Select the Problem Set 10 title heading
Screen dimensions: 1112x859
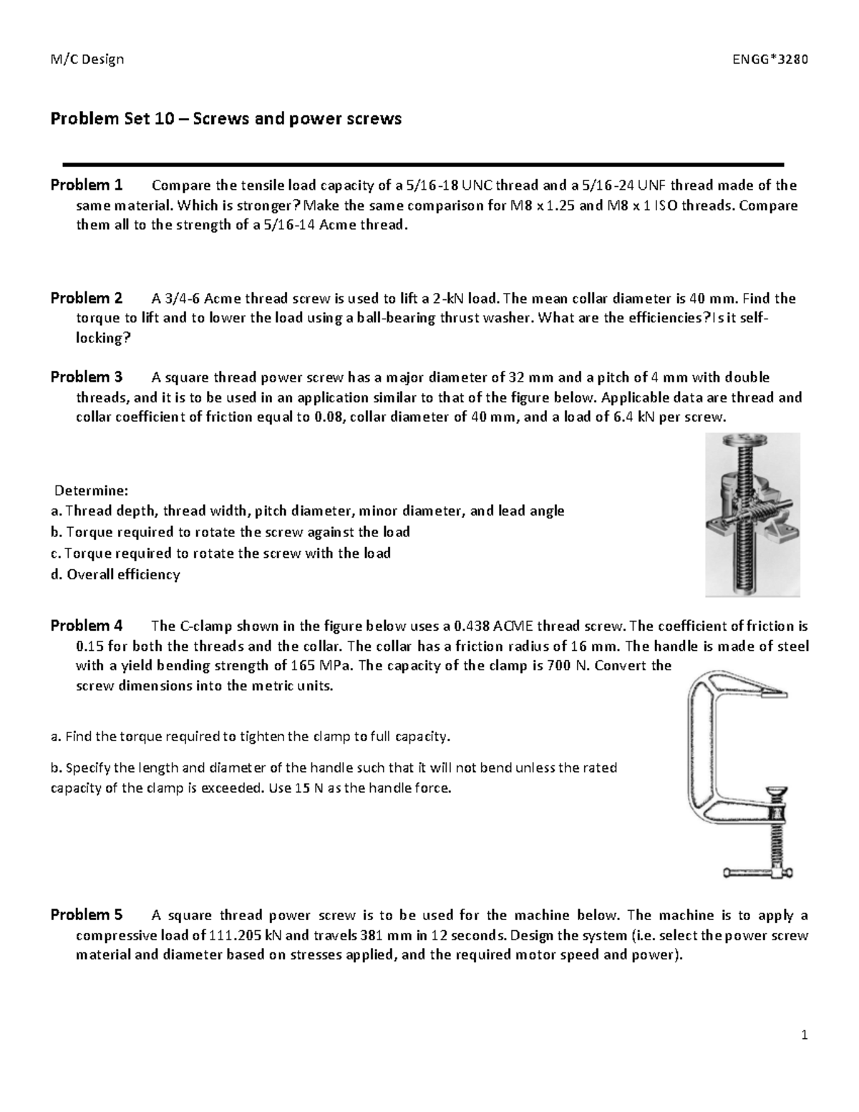(x=225, y=119)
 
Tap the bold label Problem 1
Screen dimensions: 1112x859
(x=87, y=185)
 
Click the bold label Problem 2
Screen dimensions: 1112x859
(x=87, y=298)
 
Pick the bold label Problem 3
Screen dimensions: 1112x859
(x=87, y=377)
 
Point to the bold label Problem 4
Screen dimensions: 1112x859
(x=87, y=626)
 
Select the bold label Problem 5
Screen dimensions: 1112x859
(x=87, y=915)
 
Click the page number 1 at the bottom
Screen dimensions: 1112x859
(x=805, y=1035)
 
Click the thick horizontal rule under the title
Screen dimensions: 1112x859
(x=424, y=165)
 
